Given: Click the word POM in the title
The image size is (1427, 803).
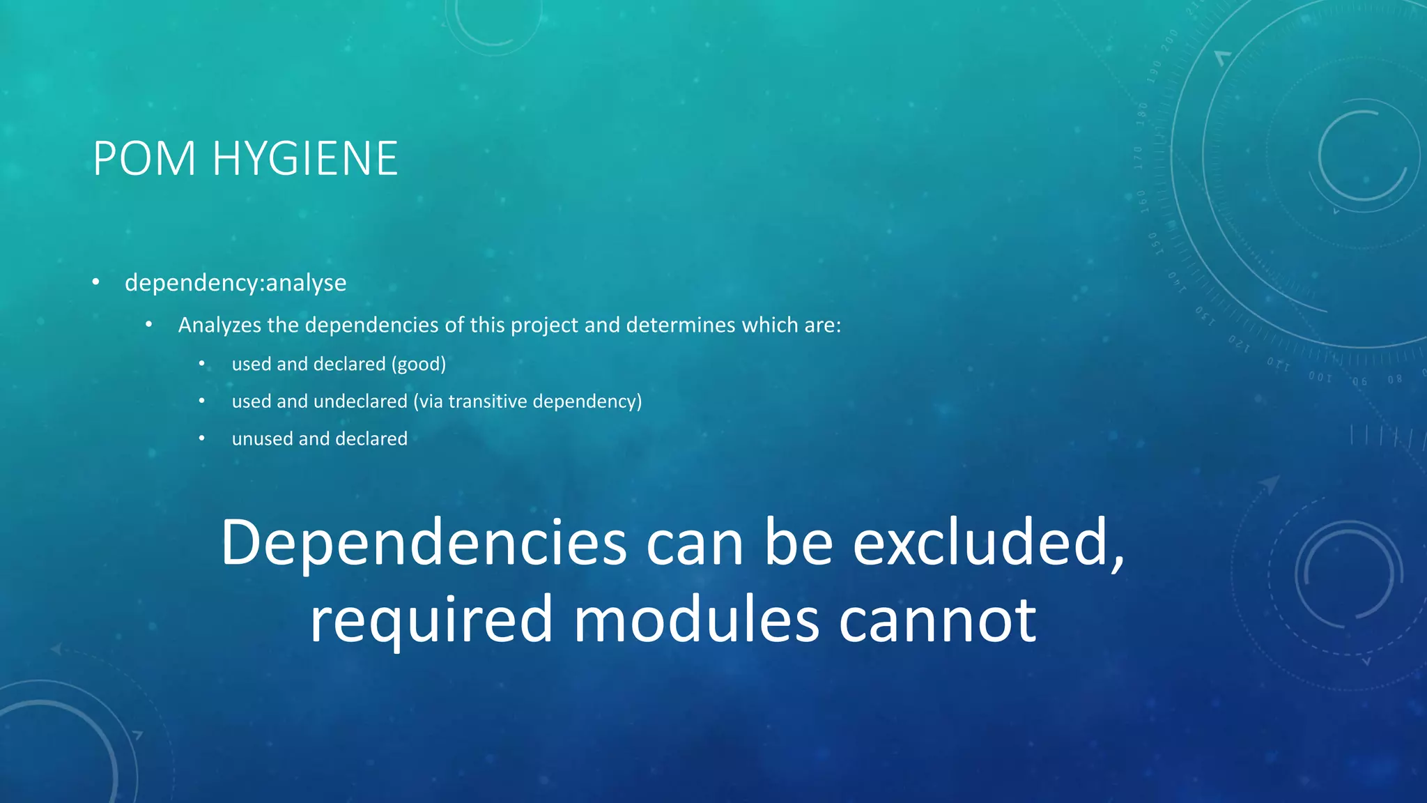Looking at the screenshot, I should (144, 159).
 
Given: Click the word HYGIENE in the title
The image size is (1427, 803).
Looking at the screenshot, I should (304, 159).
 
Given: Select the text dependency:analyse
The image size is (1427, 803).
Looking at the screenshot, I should (236, 283).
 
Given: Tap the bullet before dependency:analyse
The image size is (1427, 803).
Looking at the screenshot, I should (96, 282).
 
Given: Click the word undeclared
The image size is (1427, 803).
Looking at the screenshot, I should (360, 401).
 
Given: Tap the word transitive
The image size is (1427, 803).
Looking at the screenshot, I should (487, 401).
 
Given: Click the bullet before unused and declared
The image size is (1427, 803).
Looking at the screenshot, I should (202, 439).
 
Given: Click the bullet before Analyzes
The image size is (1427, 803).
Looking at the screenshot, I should (149, 325).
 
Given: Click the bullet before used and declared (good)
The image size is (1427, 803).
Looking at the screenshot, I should (202, 364).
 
